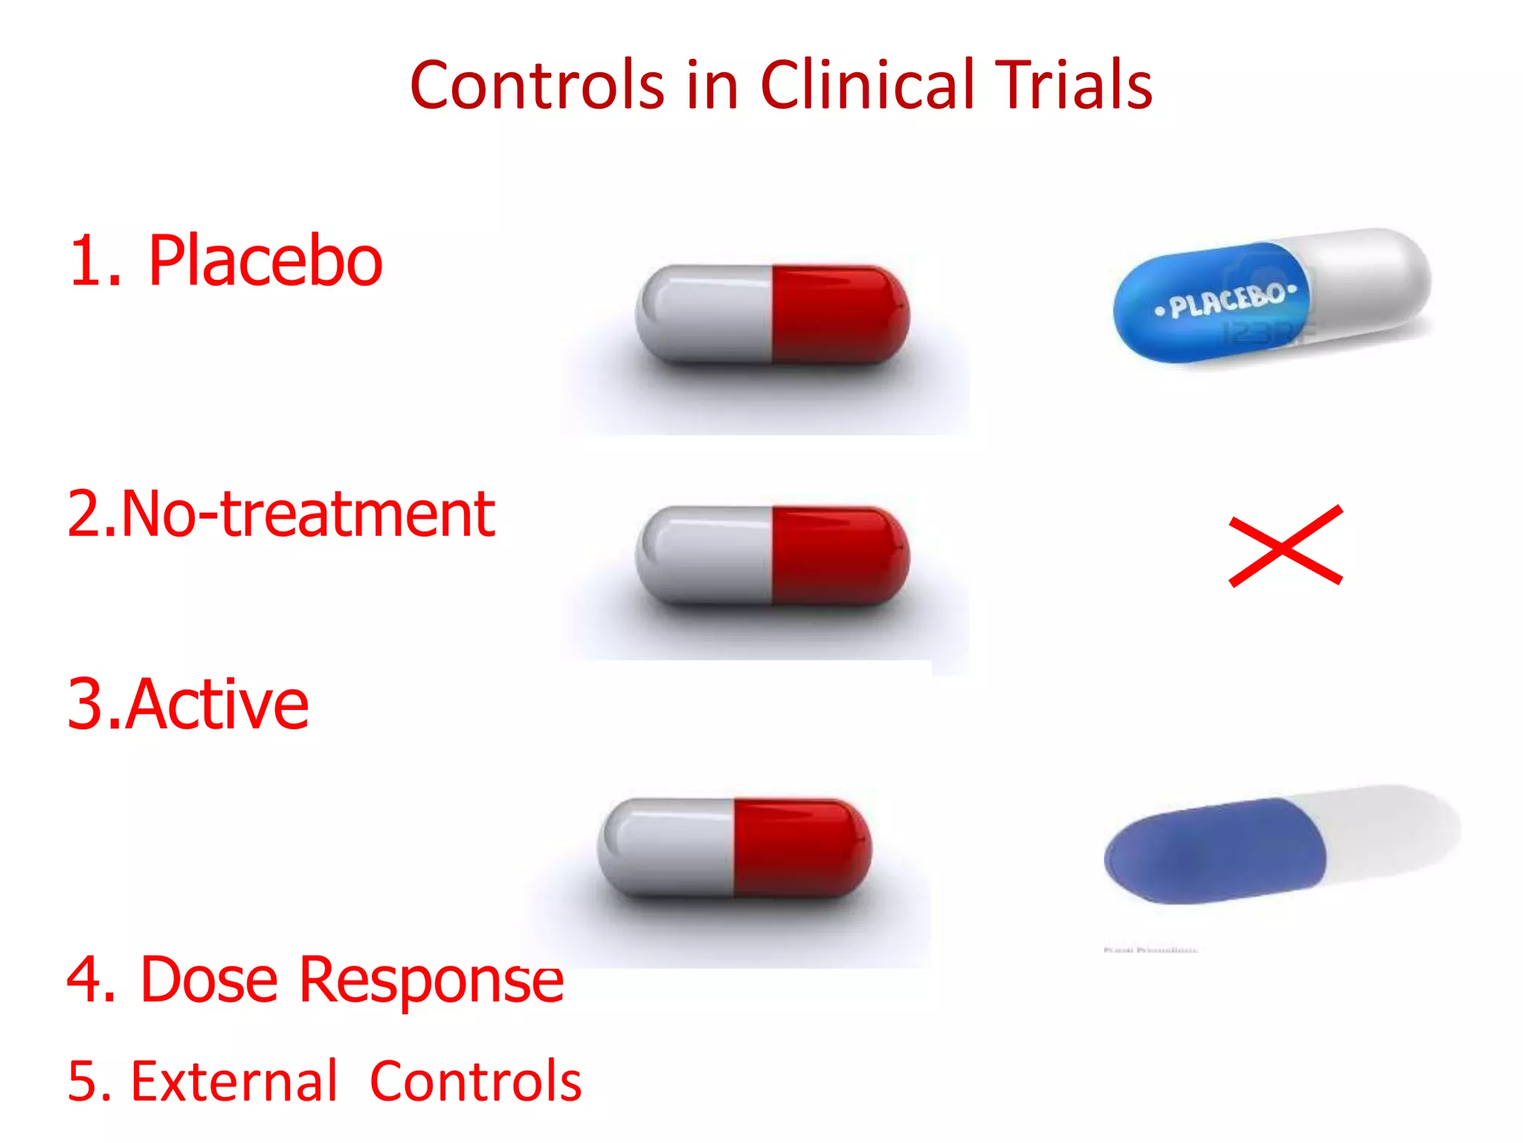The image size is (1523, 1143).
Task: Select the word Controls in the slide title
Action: point(536,85)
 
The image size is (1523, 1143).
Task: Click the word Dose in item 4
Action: point(209,979)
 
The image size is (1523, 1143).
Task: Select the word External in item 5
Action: point(234,1080)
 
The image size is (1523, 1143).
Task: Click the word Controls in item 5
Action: point(475,1080)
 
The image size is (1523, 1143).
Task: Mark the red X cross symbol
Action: point(1285,546)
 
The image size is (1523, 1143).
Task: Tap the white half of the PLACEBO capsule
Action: point(1368,279)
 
